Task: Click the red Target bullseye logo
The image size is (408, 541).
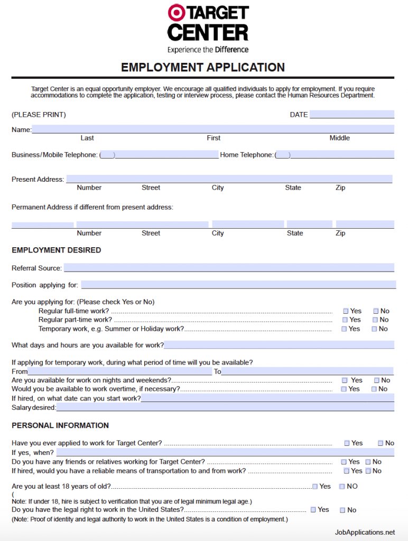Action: (x=177, y=13)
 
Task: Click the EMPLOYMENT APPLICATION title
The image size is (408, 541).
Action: (x=203, y=68)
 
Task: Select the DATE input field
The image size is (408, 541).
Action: (x=351, y=115)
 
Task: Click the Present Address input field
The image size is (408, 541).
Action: (x=229, y=179)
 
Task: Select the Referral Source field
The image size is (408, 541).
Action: (x=228, y=268)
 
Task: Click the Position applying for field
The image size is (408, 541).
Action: (x=238, y=285)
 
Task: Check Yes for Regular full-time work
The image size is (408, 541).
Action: (x=346, y=311)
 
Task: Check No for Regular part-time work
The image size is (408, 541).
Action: (x=375, y=320)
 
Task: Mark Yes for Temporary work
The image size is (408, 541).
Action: (x=345, y=329)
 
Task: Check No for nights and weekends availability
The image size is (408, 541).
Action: (x=377, y=380)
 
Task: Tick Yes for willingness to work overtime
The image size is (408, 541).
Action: (x=344, y=389)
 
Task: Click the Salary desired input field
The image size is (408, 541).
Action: (x=225, y=407)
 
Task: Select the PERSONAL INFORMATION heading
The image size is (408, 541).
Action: (x=60, y=425)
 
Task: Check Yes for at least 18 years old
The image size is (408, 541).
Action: (x=315, y=486)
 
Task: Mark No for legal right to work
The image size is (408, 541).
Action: (x=342, y=510)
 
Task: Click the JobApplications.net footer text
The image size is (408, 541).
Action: (x=365, y=532)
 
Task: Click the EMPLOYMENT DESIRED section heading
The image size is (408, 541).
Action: (x=56, y=250)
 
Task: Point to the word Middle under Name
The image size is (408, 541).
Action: (x=339, y=138)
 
